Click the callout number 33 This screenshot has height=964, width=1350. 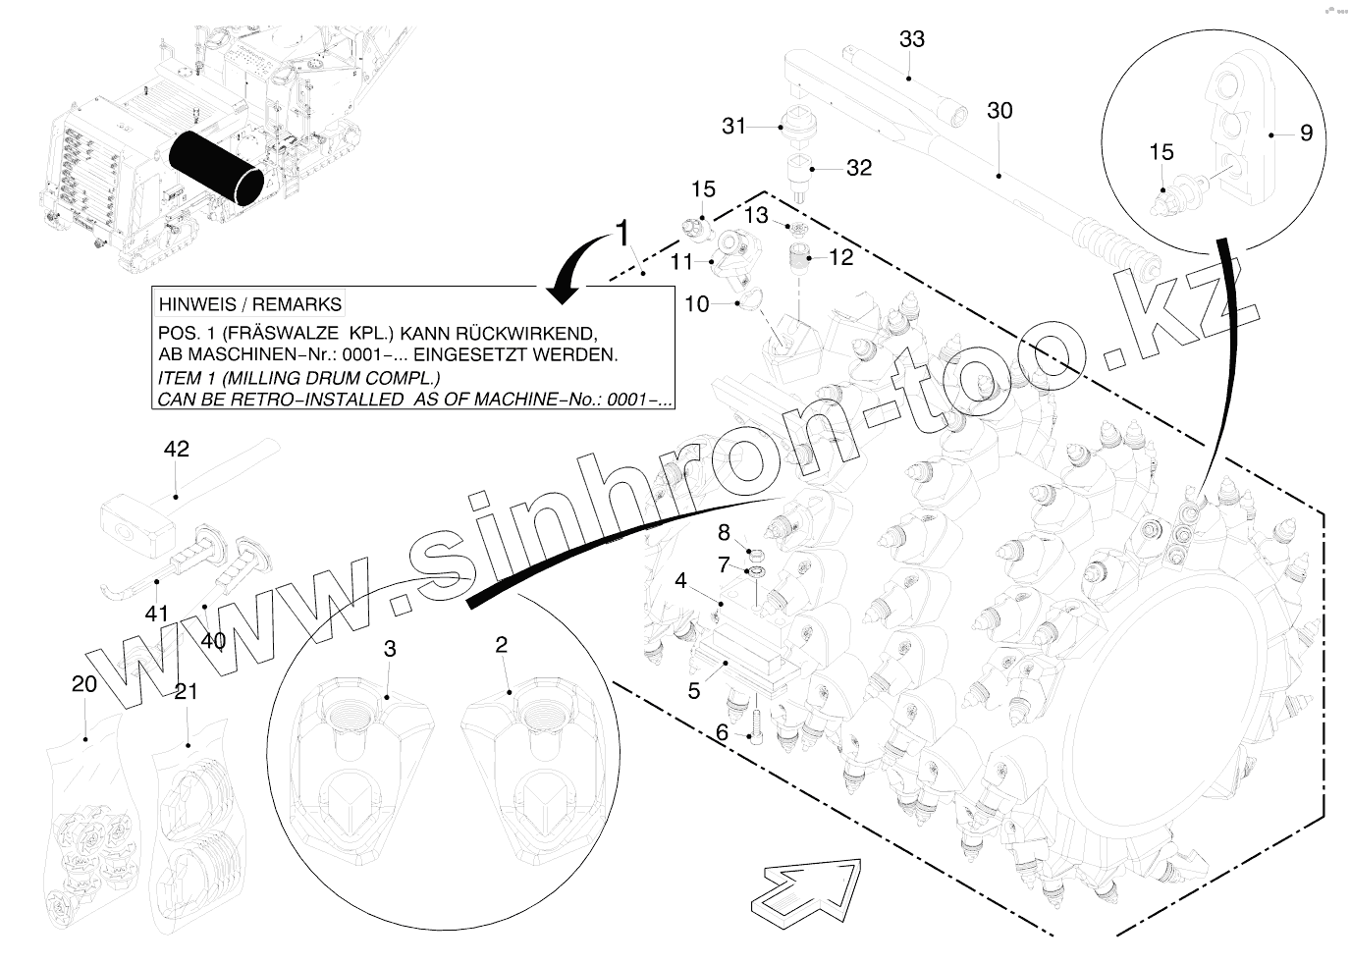(x=912, y=39)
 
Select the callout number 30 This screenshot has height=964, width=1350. (x=999, y=111)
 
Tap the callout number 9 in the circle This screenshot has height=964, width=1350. (x=1306, y=133)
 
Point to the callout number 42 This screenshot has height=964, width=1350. (x=177, y=450)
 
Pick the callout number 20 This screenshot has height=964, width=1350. (x=84, y=683)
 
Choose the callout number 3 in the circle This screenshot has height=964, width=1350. (x=390, y=649)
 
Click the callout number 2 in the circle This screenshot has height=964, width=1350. (x=502, y=645)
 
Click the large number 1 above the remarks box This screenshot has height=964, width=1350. (x=620, y=233)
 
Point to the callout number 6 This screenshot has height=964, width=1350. (x=722, y=732)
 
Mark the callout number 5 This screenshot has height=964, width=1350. (x=694, y=690)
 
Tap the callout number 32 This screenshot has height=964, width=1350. (x=859, y=168)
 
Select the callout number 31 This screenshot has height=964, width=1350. (x=733, y=126)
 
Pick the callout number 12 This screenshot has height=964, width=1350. (x=841, y=258)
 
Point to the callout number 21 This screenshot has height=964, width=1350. (x=186, y=691)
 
